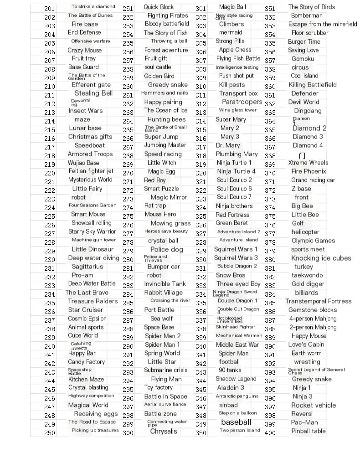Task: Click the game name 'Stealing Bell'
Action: (x=93, y=93)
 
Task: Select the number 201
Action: (x=49, y=9)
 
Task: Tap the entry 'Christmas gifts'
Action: (x=90, y=137)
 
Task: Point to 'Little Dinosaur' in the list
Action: (x=93, y=249)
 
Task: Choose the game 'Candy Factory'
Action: (x=87, y=362)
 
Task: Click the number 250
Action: (x=49, y=433)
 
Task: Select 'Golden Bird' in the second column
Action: (x=159, y=76)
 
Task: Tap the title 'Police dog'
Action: (x=167, y=249)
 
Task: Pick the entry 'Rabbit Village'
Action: (x=163, y=293)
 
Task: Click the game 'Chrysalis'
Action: (x=164, y=431)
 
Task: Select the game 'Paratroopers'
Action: (x=242, y=102)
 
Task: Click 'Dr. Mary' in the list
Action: (x=228, y=145)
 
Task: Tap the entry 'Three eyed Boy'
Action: (x=238, y=284)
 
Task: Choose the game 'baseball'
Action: (x=236, y=422)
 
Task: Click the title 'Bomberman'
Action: (x=307, y=15)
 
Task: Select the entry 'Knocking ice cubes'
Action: (x=321, y=258)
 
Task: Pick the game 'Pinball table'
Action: (x=309, y=431)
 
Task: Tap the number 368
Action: (x=270, y=156)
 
